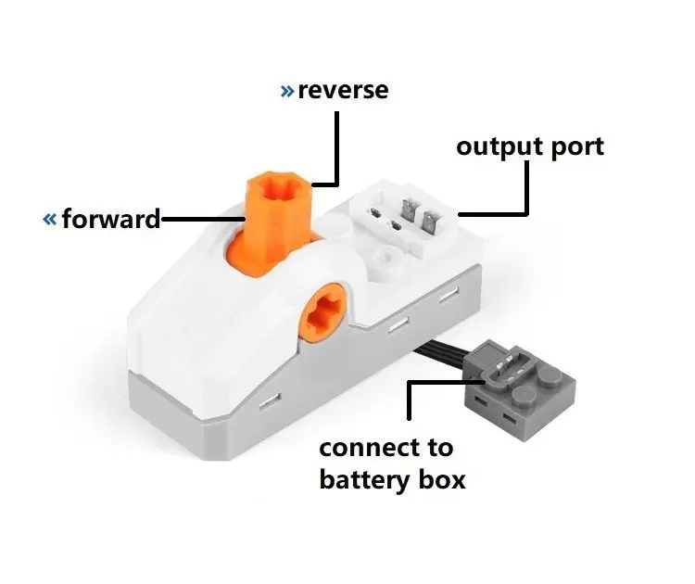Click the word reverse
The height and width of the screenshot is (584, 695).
coord(343,90)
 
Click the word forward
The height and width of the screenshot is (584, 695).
coord(111,219)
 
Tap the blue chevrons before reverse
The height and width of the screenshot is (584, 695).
coord(287,91)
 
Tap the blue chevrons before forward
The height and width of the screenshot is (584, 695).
coord(50,219)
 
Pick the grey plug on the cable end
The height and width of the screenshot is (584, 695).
coord(519,387)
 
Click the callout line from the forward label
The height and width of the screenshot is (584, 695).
coord(203,219)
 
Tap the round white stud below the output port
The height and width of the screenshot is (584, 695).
coord(386,256)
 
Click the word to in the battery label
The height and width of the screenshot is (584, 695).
coord(440,449)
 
